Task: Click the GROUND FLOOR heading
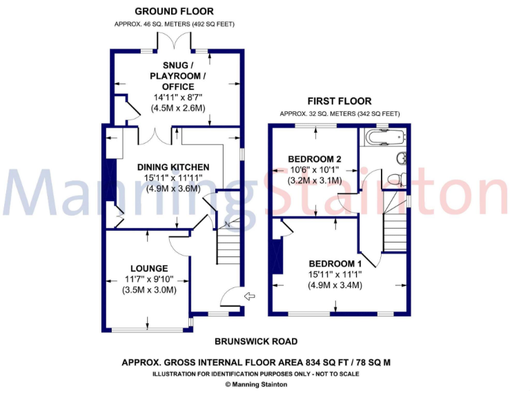174,11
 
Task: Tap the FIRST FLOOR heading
339,101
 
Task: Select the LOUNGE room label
149,268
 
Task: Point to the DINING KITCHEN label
173,167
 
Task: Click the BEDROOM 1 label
335,263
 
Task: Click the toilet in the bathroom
395,178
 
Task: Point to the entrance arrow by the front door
250,297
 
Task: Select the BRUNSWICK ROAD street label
255,341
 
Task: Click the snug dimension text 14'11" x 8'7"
173,97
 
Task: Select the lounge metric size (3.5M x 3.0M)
149,290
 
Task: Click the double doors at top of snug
173,42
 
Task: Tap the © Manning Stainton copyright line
255,385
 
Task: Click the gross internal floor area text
255,361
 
